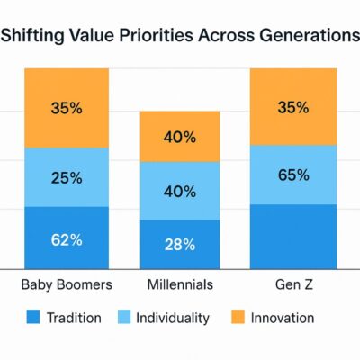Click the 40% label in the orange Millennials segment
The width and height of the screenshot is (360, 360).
tap(180, 138)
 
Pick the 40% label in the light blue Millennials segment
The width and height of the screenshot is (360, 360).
tap(180, 192)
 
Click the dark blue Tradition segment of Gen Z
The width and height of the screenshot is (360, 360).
tap(293, 236)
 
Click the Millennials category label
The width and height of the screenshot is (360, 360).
tap(180, 284)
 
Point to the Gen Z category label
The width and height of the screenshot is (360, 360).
tap(293, 284)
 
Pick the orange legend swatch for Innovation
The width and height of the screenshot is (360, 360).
tap(238, 318)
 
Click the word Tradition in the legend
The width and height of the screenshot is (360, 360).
tap(75, 318)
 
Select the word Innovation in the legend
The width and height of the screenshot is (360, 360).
tap(283, 318)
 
